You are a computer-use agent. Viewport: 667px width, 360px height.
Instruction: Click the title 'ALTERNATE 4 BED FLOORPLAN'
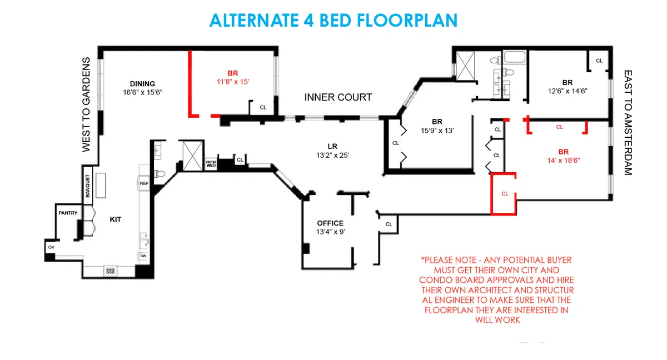[333, 20]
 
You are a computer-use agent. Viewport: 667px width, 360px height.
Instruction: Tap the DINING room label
[142, 84]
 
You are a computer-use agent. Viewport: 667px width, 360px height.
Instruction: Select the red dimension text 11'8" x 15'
[232, 82]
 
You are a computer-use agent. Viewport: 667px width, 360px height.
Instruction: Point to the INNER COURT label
[338, 97]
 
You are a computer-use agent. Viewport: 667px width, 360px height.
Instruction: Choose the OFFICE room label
[330, 223]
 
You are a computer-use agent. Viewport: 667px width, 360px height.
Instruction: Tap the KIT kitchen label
[115, 219]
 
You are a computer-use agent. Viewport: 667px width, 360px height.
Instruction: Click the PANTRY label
[68, 213]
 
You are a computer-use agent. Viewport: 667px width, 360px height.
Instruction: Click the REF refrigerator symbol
[144, 183]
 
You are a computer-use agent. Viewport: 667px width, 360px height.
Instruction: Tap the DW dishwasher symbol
[143, 256]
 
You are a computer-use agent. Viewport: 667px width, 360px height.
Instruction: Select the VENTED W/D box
[211, 164]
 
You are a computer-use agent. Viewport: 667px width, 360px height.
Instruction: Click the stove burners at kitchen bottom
[111, 271]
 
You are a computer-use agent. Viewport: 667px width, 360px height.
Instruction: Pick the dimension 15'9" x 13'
[437, 131]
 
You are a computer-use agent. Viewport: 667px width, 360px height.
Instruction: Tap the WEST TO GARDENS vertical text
[86, 104]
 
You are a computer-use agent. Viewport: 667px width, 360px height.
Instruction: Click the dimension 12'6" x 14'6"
[567, 91]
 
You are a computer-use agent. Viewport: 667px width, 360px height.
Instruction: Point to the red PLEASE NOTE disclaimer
[496, 290]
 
